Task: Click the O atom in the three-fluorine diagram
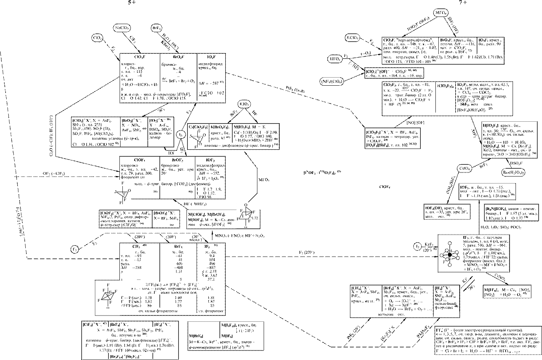coord(129,190)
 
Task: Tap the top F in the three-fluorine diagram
coord(123,183)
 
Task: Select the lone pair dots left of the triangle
coord(115,192)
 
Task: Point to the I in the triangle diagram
coord(124,194)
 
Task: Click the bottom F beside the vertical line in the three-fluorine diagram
coord(121,203)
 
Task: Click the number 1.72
coord(255,218)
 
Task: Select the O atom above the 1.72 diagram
coord(246,205)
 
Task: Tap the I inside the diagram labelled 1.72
coord(243,216)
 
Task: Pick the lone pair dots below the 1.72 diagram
coord(246,227)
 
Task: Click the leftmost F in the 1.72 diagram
coord(238,219)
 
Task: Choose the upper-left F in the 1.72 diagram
coord(241,211)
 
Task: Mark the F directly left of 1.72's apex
coord(250,221)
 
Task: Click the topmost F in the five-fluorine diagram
coord(108,285)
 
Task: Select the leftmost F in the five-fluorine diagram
coord(99,300)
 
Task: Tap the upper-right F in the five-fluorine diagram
coord(116,291)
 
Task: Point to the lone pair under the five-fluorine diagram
coord(108,308)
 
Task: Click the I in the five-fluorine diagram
coord(110,293)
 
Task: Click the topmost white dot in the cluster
coord(450,243)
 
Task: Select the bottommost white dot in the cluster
coord(450,265)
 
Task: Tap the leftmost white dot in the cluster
coord(442,255)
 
